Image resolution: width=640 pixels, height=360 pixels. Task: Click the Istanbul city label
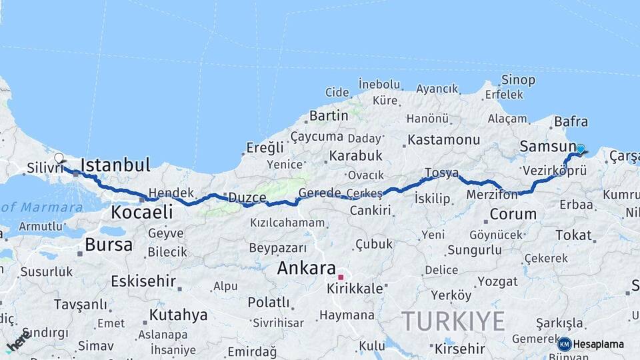click(115, 165)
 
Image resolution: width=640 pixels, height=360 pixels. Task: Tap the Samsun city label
click(547, 146)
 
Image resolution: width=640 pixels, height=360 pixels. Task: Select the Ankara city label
click(306, 268)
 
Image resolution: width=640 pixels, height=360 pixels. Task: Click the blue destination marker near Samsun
click(580, 149)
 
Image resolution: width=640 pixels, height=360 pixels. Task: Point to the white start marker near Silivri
click(59, 159)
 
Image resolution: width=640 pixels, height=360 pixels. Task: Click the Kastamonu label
click(443, 140)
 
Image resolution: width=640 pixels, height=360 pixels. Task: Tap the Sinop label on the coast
click(518, 80)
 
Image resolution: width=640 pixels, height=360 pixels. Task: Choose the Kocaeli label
click(141, 212)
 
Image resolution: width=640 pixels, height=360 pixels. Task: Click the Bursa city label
click(109, 245)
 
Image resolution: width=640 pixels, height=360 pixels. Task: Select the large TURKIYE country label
click(453, 321)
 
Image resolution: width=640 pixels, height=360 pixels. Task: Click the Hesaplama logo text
click(599, 344)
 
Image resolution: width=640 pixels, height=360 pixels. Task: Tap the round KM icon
click(564, 344)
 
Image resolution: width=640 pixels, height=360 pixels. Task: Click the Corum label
click(513, 214)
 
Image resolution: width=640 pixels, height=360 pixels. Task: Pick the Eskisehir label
click(143, 281)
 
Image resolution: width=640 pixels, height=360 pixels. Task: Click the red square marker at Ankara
click(341, 277)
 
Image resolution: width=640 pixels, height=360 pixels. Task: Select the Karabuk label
click(355, 155)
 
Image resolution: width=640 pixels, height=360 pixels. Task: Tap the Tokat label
click(573, 235)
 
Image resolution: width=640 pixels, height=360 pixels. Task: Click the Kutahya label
click(178, 315)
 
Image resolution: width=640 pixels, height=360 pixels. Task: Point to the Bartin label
click(329, 115)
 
